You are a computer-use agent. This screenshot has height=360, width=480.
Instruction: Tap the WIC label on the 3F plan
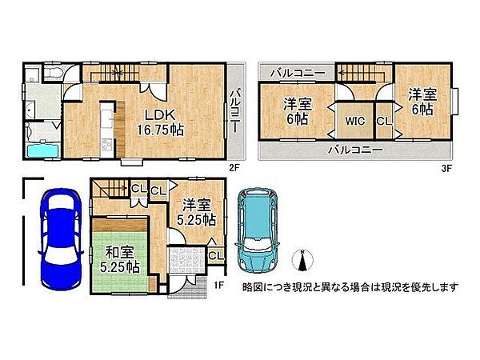click(355, 122)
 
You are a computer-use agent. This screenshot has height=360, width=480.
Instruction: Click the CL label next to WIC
click(383, 121)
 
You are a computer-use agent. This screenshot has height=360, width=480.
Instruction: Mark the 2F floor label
click(234, 167)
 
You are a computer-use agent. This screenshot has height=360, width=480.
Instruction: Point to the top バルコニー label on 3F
click(298, 73)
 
